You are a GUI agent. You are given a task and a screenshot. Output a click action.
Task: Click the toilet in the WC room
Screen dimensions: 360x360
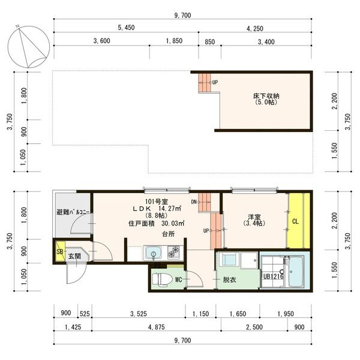coord(163,280)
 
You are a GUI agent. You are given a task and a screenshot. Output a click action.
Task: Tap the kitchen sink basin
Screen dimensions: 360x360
coord(154,253)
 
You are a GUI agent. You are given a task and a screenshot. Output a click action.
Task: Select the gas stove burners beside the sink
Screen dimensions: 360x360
coord(175,253)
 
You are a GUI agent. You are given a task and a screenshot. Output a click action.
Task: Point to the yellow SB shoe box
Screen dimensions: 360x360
coord(61,251)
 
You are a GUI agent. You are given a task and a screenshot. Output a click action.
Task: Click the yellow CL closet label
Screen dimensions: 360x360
coord(295,221)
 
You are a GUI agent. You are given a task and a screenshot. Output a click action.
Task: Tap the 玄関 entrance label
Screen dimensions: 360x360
coord(74,256)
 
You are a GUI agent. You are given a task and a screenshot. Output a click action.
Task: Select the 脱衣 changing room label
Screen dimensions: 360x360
coord(230,280)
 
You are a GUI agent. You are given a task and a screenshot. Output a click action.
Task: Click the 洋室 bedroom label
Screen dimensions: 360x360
coord(254,217)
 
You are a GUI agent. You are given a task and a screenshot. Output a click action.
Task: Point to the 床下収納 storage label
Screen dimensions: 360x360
coord(266,96)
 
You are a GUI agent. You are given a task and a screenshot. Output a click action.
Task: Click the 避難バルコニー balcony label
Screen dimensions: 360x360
coord(73,212)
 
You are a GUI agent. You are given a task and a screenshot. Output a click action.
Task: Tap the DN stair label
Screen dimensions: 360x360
coord(194,202)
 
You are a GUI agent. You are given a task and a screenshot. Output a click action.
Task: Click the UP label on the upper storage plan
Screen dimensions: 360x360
coord(215,82)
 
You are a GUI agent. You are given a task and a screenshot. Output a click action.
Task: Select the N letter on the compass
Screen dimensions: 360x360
coord(17,26)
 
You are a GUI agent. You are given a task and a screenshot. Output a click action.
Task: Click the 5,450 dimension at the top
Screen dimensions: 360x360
coord(126,28)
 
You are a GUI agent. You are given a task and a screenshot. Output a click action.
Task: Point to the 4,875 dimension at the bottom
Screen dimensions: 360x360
coord(157,327)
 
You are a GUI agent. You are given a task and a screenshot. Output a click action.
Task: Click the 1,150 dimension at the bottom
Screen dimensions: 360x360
coord(200,314)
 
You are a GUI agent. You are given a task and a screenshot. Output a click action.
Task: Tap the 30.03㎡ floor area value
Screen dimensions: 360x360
coord(173,223)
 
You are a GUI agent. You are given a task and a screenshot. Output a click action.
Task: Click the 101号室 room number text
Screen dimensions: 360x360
coord(157,202)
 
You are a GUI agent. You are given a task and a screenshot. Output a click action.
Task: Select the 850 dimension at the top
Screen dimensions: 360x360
coord(210,42)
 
